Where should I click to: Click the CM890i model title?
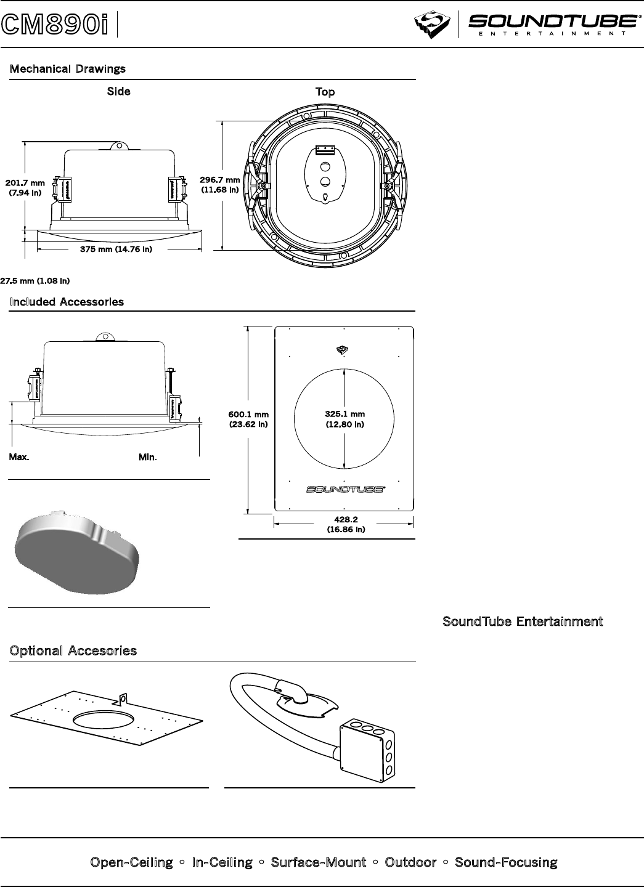tap(54, 25)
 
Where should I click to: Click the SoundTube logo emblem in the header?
tap(433, 25)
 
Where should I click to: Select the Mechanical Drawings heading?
tap(67, 68)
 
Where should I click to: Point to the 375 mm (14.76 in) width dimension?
tap(116, 249)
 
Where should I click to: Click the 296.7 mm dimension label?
tap(219, 185)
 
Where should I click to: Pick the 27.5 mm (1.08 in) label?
tap(35, 281)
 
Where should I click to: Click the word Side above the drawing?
tap(119, 91)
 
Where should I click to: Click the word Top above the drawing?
tap(325, 92)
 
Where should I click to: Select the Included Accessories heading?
tap(67, 302)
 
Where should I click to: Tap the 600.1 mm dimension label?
tap(249, 419)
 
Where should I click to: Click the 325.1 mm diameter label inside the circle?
tap(345, 419)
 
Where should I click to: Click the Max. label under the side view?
tap(19, 458)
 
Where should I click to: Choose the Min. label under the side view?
tap(148, 458)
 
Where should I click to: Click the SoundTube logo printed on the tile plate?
tap(345, 490)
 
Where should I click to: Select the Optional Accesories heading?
tap(73, 651)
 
